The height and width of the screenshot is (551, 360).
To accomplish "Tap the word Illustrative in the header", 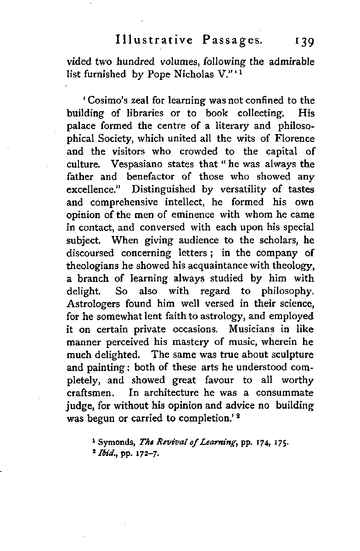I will point(154,40).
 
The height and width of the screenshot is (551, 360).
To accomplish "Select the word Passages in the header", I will point(231,40).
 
